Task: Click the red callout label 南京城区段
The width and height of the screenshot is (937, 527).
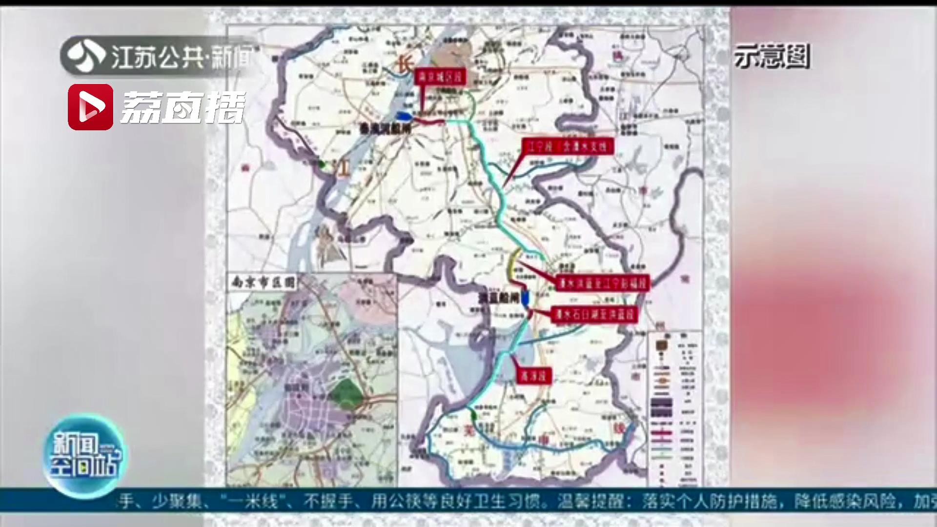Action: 440,77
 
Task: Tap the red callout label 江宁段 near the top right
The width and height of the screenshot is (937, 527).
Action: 567,147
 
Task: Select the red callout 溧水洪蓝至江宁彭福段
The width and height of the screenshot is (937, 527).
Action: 603,283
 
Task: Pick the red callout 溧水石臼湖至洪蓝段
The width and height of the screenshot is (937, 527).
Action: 594,315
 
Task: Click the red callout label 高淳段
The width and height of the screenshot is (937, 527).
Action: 533,375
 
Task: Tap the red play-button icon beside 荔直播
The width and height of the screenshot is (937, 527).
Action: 90,107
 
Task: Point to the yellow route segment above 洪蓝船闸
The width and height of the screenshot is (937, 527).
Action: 512,266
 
